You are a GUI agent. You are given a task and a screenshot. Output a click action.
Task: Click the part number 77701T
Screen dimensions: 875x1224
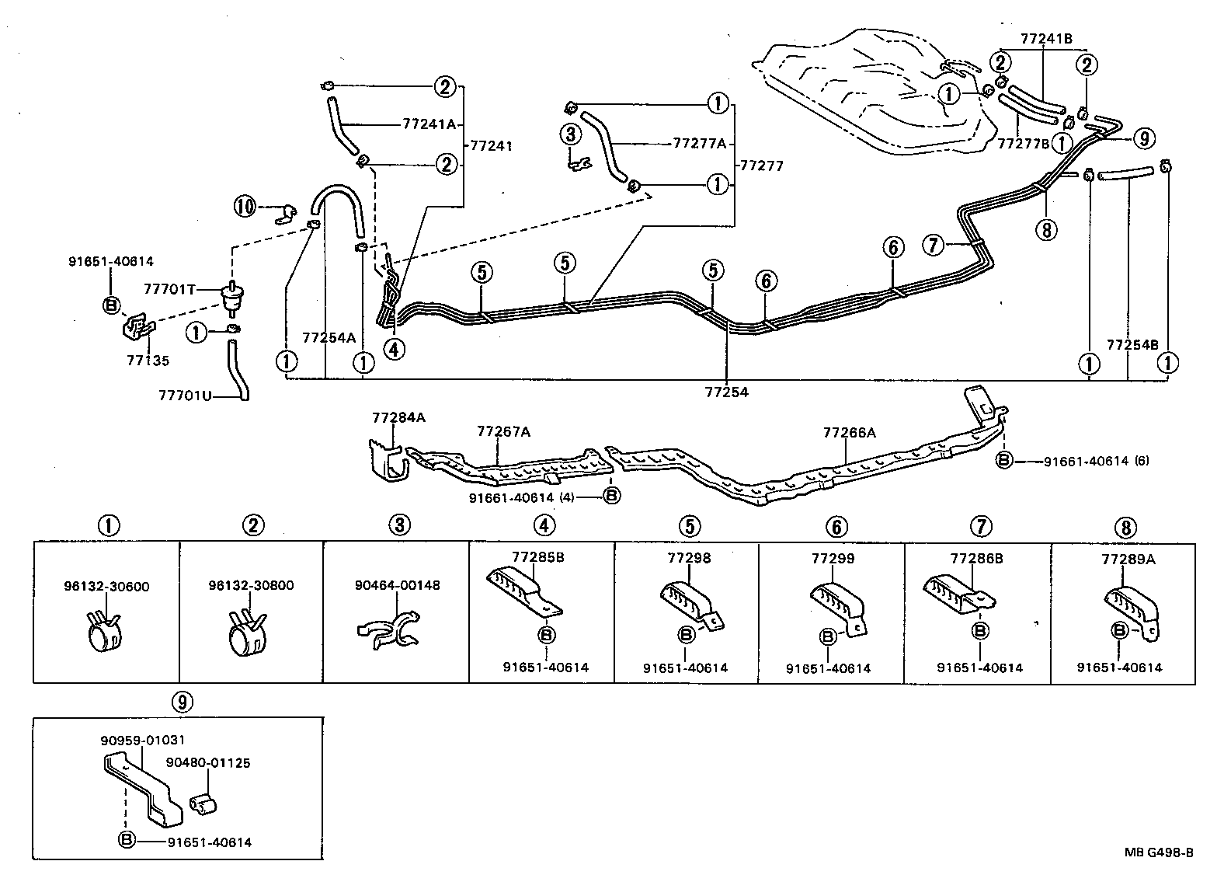coord(169,289)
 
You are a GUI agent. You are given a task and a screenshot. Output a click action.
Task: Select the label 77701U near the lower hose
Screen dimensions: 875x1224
coord(185,395)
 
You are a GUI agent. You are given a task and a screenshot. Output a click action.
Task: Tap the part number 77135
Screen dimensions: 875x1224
coord(148,361)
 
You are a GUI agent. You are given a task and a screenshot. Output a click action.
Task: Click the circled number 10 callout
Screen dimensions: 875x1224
coord(245,206)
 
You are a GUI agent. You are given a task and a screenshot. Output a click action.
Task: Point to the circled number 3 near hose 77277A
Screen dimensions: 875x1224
coord(571,134)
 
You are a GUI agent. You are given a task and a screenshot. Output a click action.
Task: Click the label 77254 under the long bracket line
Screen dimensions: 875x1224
coord(727,392)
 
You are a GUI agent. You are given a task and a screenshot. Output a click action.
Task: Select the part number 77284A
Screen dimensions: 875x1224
coord(398,417)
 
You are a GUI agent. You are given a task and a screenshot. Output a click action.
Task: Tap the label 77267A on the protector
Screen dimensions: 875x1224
coord(503,431)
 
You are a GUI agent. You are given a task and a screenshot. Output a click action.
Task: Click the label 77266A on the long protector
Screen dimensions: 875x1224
coord(850,433)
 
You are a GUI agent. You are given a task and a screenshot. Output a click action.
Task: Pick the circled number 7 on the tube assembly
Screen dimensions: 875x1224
coord(934,245)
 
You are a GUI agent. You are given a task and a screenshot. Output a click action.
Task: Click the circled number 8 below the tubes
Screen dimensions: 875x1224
coord(1046,230)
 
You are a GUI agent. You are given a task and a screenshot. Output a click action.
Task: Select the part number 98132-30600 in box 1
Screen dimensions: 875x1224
coord(106,586)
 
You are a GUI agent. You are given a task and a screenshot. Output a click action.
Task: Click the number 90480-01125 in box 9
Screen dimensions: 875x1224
coord(208,763)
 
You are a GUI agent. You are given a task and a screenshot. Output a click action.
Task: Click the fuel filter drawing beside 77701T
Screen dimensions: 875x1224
coord(229,296)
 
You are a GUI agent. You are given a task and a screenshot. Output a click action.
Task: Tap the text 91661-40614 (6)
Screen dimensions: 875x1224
coord(1096,461)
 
